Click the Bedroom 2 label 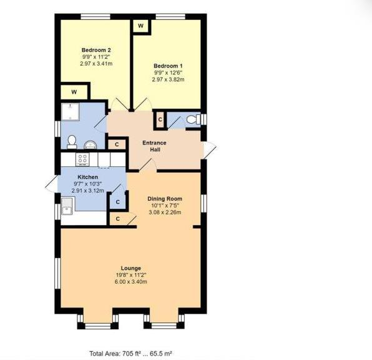coord(96,49)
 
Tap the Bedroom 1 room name coord(167,65)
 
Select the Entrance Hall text coord(154,146)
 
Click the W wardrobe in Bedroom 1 coord(140,26)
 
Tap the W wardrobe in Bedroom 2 coord(74,92)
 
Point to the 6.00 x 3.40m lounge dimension coord(131,281)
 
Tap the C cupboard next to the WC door coord(160,119)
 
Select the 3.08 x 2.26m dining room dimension coord(164,212)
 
